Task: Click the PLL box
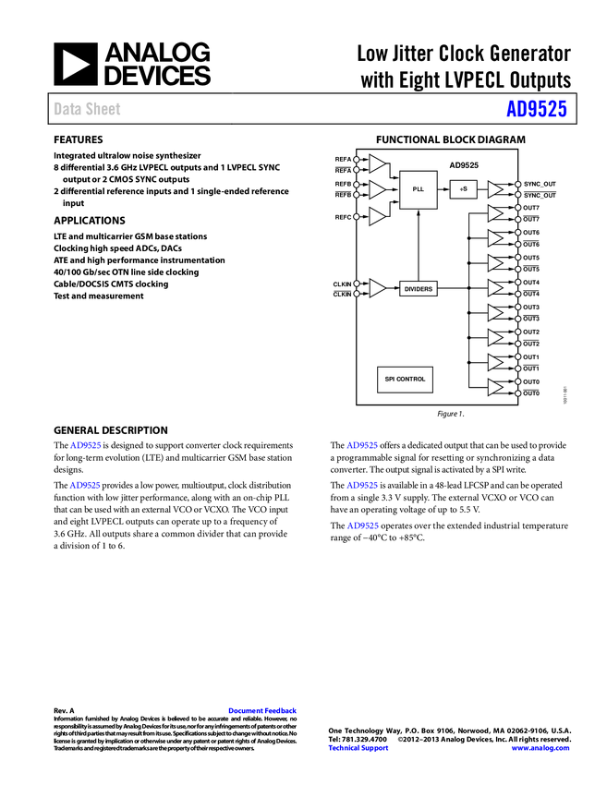pyautogui.click(x=419, y=189)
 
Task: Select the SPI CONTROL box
pyautogui.click(x=405, y=380)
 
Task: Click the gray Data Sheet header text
pyautogui.click(x=88, y=109)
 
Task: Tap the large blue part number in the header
pyautogui.click(x=536, y=109)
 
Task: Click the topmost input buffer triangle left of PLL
pyautogui.click(x=376, y=163)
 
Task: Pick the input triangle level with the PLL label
pyautogui.click(x=376, y=189)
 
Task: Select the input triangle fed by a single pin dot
pyautogui.click(x=376, y=216)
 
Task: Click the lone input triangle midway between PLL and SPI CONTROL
pyautogui.click(x=376, y=288)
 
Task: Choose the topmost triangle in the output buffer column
pyautogui.click(x=494, y=189)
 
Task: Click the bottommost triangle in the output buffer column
pyautogui.click(x=494, y=387)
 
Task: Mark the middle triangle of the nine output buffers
pyautogui.click(x=494, y=288)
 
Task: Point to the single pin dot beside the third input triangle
pyautogui.click(x=356, y=216)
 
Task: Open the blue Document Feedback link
pyautogui.click(x=263, y=711)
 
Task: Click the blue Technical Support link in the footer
pyautogui.click(x=358, y=748)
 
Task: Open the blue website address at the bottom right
pyautogui.click(x=540, y=748)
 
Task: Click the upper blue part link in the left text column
pyautogui.click(x=85, y=445)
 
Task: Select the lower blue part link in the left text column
pyautogui.click(x=85, y=485)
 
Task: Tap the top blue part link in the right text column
pyautogui.click(x=362, y=445)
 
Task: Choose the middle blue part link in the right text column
pyautogui.click(x=362, y=485)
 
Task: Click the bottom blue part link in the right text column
pyautogui.click(x=362, y=526)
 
